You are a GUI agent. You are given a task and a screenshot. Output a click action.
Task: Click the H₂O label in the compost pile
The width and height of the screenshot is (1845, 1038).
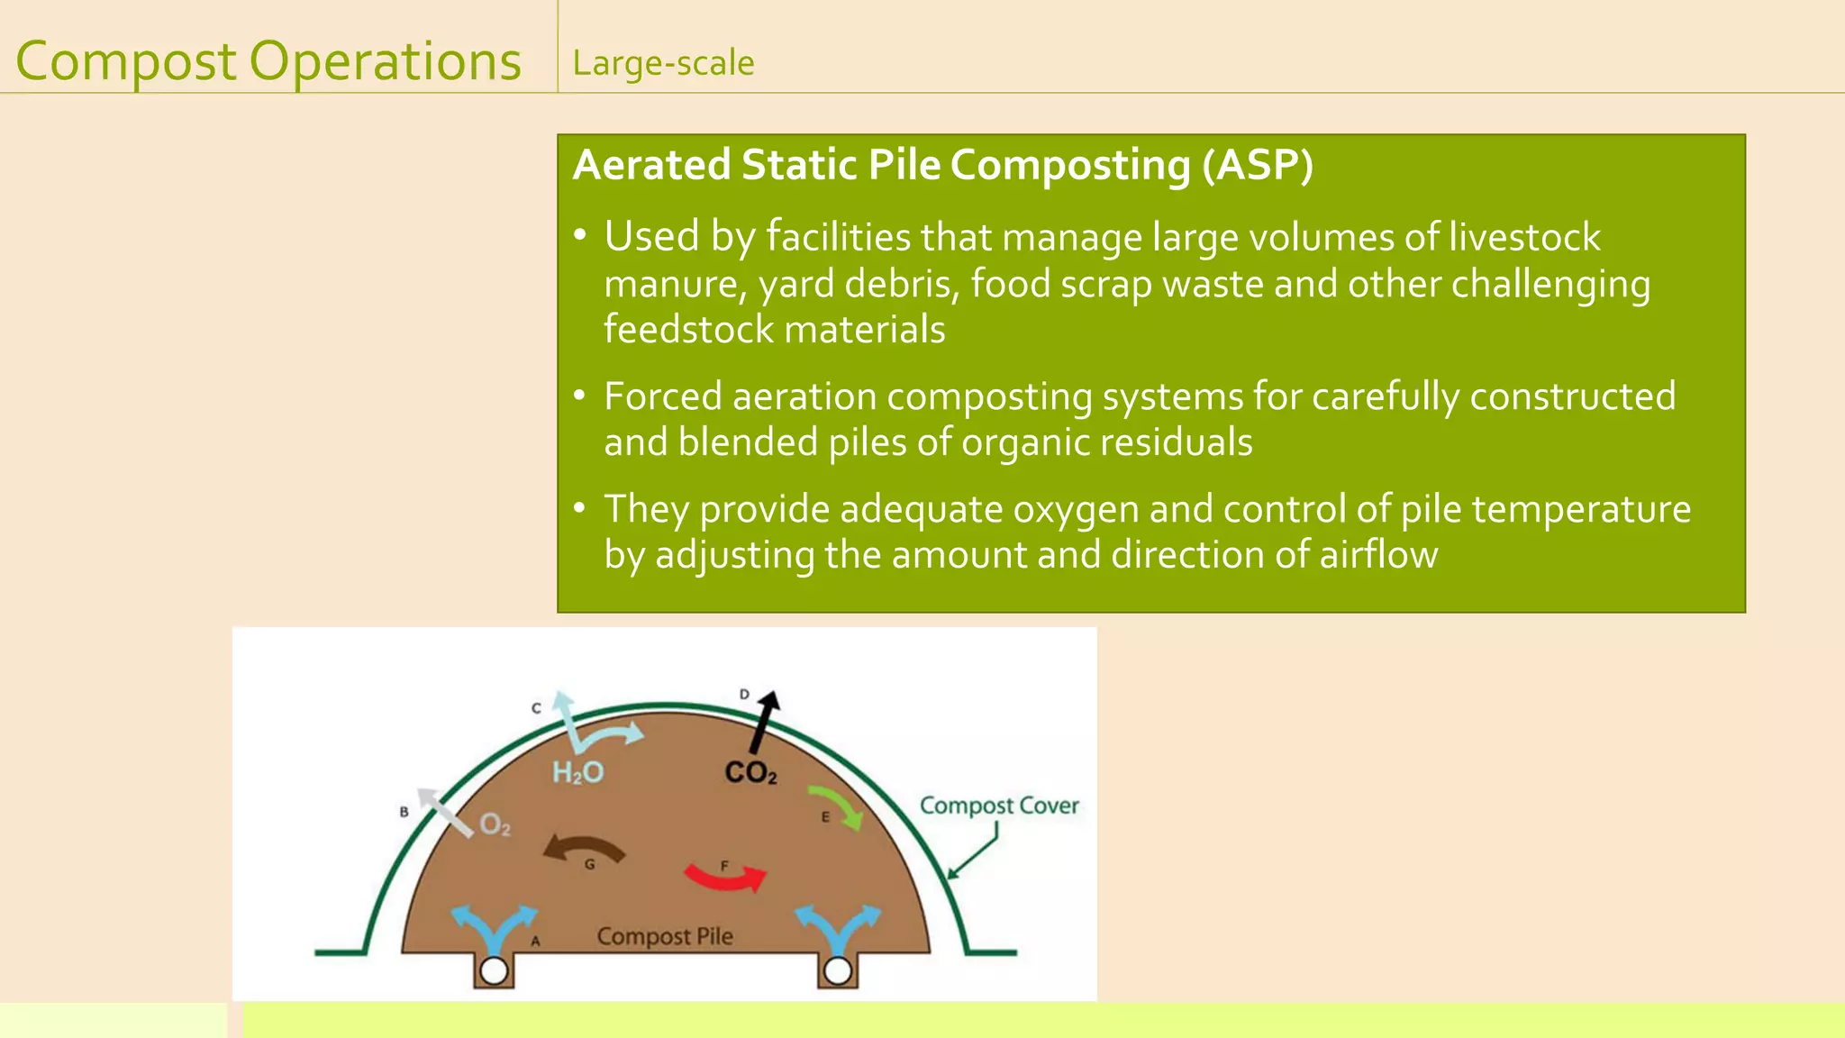(577, 772)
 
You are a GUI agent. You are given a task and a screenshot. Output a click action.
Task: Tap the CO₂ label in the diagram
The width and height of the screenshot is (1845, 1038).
(750, 772)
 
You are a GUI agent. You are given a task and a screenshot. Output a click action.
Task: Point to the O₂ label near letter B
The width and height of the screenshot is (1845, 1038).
(495, 824)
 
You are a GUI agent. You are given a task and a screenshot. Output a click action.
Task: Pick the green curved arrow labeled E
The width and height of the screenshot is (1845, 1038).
(837, 805)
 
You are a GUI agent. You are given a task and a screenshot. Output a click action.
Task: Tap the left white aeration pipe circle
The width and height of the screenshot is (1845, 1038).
(494, 970)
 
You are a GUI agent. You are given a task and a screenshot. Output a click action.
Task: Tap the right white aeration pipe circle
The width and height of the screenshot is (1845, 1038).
(838, 970)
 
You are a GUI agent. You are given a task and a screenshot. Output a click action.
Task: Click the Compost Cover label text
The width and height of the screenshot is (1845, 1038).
(998, 806)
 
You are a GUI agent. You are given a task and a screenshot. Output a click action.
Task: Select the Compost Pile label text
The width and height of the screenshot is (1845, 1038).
(665, 936)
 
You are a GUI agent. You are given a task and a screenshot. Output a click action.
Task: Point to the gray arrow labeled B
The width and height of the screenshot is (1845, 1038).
(444, 812)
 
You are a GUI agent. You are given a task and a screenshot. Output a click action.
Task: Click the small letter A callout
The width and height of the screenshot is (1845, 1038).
(535, 942)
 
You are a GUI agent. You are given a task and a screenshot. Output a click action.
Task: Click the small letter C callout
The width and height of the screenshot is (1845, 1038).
(536, 708)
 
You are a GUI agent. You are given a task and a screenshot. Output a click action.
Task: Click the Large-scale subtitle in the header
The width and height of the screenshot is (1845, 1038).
(663, 63)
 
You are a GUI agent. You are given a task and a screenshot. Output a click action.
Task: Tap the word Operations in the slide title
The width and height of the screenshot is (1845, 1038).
(385, 61)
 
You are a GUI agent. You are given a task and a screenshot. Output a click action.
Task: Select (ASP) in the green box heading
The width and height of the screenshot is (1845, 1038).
(1258, 165)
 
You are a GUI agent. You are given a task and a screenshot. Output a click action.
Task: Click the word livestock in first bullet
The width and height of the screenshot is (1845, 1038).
(1524, 237)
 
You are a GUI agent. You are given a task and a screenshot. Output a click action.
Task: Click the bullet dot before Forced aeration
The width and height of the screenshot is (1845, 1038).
(580, 395)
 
